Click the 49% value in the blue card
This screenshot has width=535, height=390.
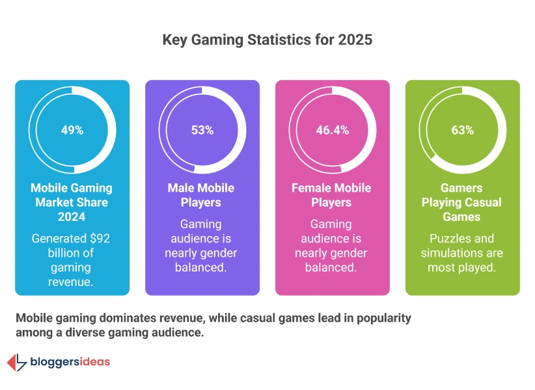click(x=72, y=130)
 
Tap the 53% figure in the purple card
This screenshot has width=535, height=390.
click(x=202, y=130)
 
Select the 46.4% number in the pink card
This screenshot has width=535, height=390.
click(x=333, y=130)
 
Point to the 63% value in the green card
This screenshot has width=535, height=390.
click(x=463, y=130)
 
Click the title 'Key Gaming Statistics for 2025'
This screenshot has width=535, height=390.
click(x=267, y=40)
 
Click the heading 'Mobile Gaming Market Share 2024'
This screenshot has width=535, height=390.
click(x=72, y=202)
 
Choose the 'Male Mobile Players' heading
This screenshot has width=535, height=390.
click(x=202, y=195)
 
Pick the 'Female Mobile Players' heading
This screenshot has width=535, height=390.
click(x=332, y=195)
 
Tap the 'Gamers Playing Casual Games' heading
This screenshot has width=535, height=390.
click(x=462, y=202)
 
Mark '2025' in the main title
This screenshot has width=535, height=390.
click(x=355, y=40)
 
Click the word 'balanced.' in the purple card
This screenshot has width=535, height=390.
click(x=202, y=267)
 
